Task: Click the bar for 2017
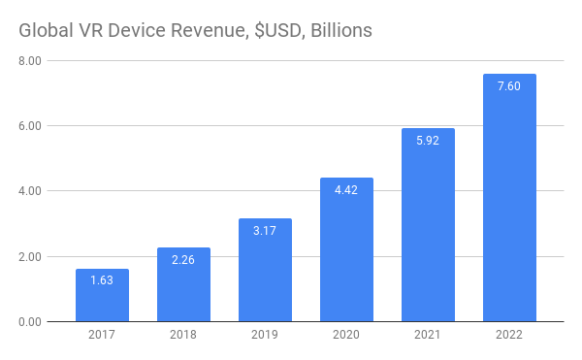point(102,296)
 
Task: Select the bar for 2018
point(183,285)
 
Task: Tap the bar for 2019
point(265,271)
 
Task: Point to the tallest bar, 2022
point(509,198)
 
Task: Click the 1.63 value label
point(102,281)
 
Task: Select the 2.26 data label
point(183,260)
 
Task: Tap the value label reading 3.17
point(265,231)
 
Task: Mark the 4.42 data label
point(346,190)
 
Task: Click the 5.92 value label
point(428,141)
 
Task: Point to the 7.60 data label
point(509,86)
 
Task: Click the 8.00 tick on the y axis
point(28,61)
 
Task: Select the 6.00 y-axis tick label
point(28,126)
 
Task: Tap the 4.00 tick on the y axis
point(28,191)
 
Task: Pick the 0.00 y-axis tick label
point(28,322)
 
